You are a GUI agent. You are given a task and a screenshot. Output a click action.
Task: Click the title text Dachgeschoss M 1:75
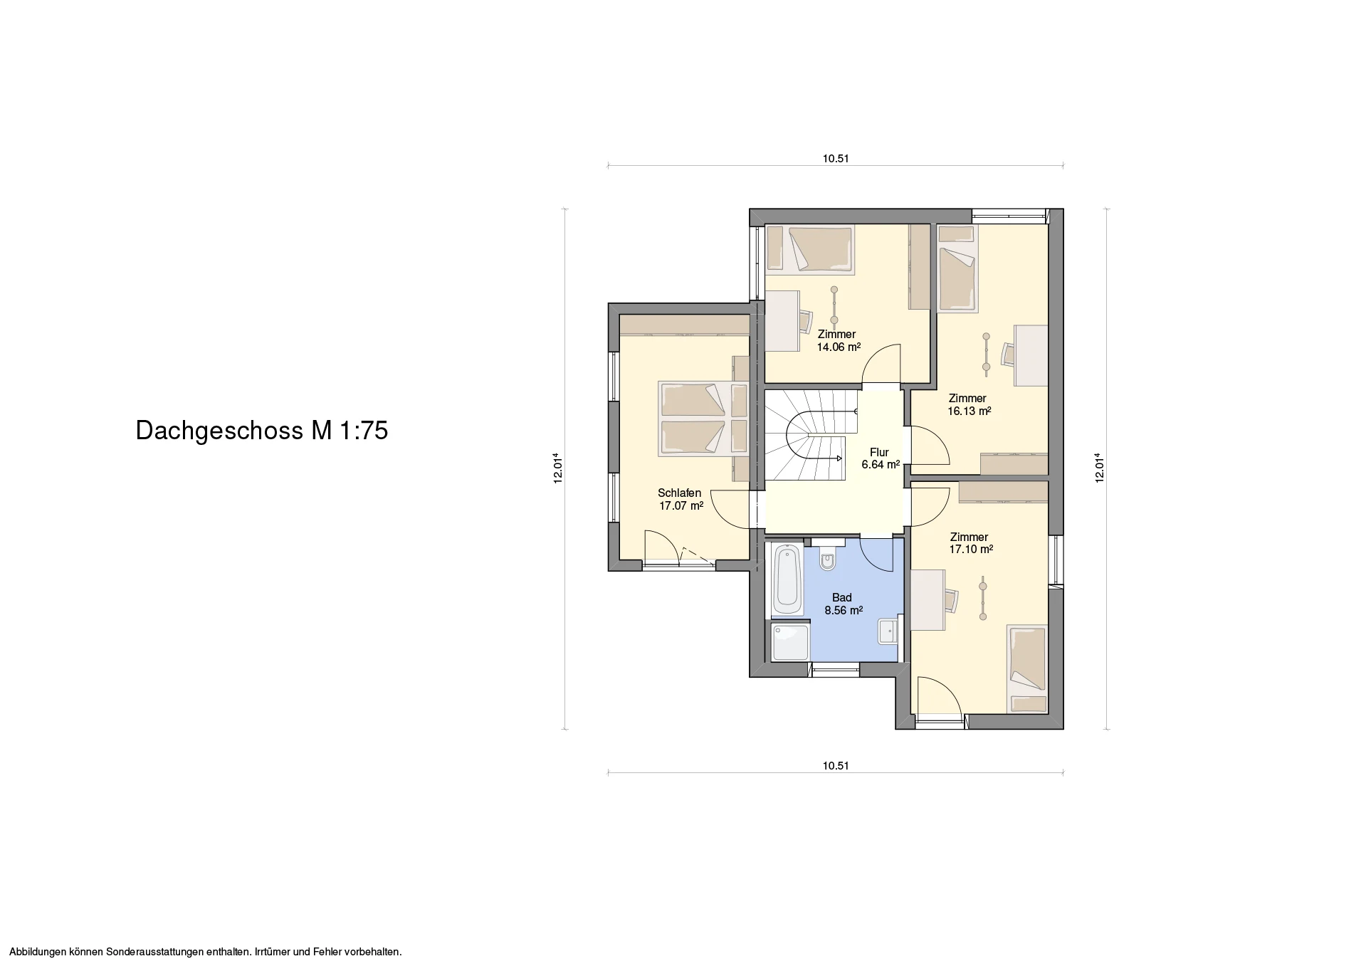tap(262, 431)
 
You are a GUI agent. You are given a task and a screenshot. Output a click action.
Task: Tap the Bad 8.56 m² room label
tap(844, 604)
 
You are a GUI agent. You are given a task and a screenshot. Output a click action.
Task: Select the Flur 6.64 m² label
tap(881, 458)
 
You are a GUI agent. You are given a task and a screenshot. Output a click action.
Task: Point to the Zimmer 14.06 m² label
tap(838, 341)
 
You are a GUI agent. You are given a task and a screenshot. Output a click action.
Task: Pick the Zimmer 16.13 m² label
tap(969, 404)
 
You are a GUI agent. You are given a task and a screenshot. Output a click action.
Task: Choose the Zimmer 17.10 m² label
tap(970, 543)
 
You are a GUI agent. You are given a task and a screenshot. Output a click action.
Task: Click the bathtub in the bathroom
tap(787, 580)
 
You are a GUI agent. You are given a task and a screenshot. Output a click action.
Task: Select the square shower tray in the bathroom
tap(790, 641)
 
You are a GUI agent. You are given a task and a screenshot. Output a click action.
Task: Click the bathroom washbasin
tap(888, 631)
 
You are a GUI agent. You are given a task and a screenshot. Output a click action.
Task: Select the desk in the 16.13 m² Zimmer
tap(1031, 355)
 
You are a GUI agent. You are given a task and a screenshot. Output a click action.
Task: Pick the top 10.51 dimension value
tap(836, 159)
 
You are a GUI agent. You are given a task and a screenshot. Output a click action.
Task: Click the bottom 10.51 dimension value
tap(836, 766)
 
